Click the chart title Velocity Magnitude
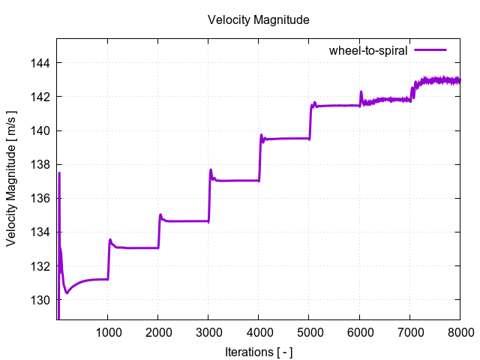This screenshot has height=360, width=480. pyautogui.click(x=258, y=20)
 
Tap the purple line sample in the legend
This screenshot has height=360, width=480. pyautogui.click(x=430, y=50)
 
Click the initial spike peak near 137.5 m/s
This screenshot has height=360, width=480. pyautogui.click(x=59, y=173)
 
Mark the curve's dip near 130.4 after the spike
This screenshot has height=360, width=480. pyautogui.click(x=67, y=292)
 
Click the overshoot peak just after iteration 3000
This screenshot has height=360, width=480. pyautogui.click(x=211, y=169)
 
